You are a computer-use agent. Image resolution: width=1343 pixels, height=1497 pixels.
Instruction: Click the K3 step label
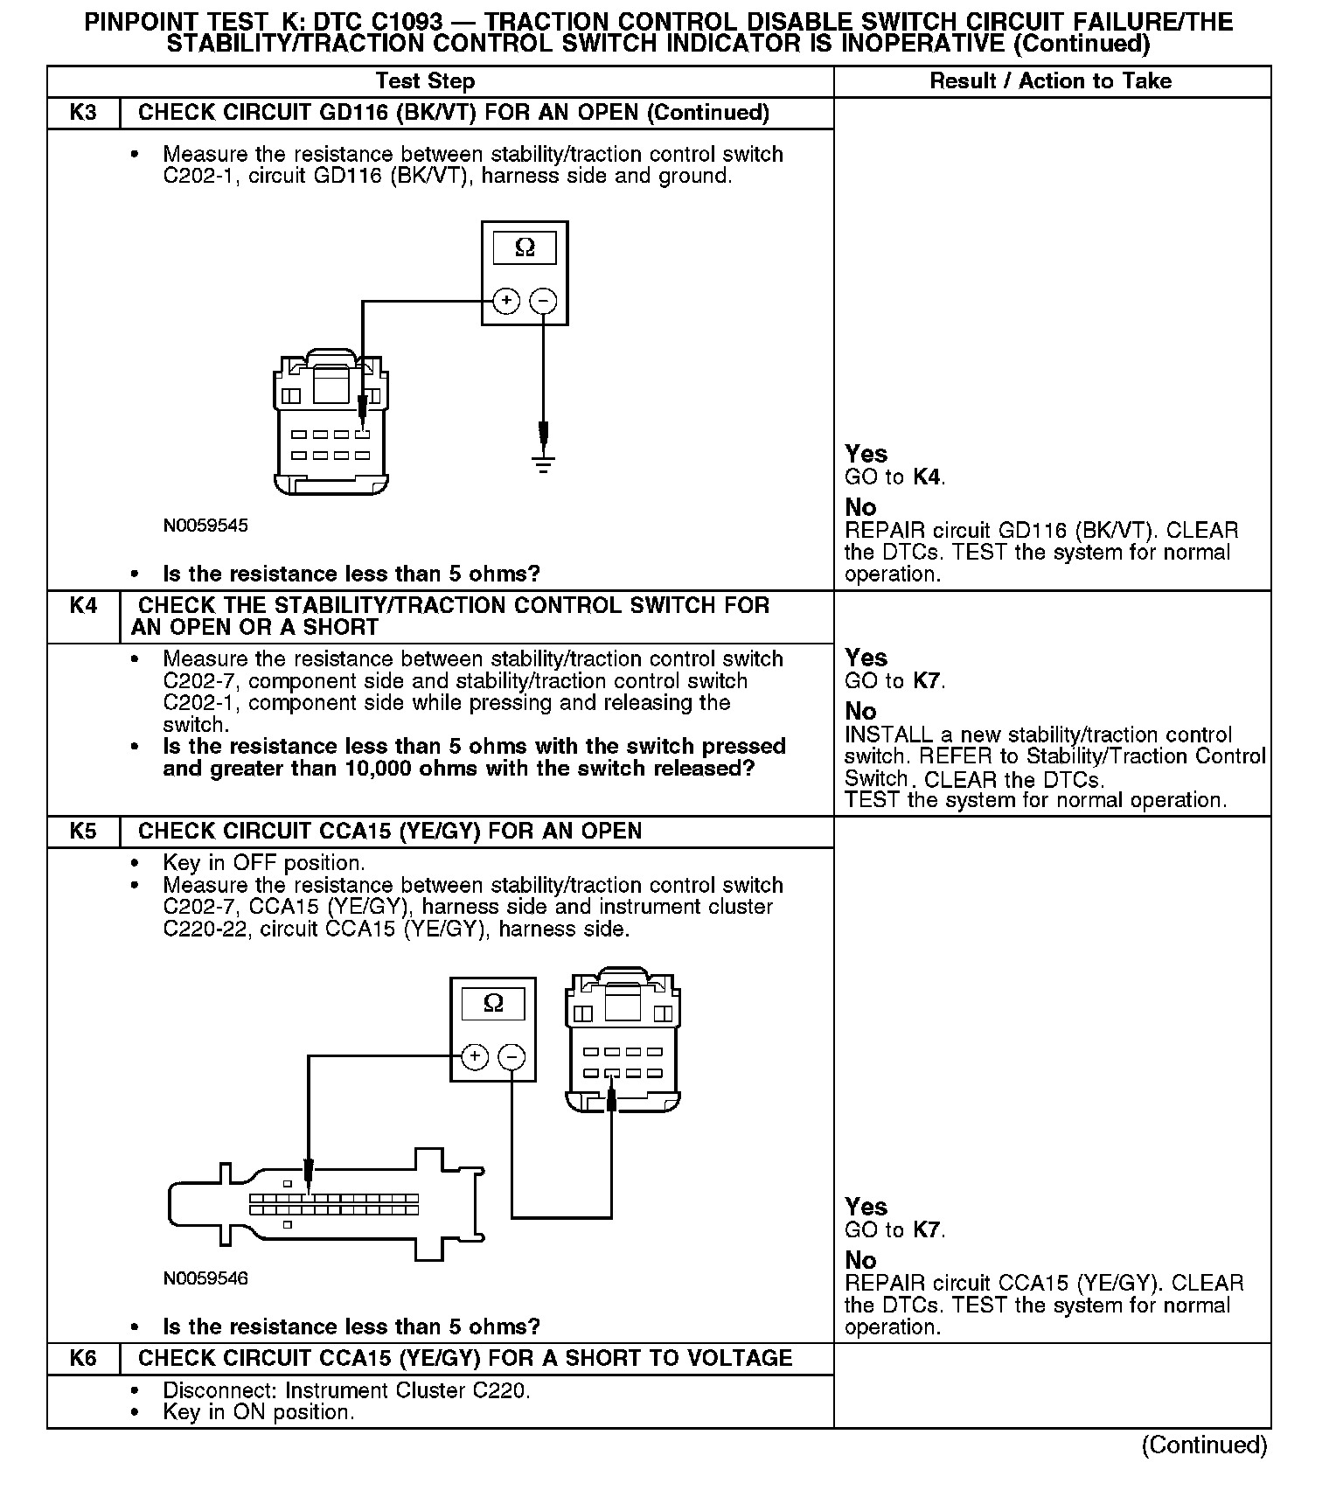(x=83, y=113)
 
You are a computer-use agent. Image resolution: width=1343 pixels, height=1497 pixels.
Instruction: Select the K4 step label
(x=83, y=605)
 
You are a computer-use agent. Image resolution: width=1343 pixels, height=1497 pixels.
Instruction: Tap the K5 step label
(x=83, y=831)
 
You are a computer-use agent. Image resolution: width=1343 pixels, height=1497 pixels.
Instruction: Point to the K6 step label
(x=83, y=1358)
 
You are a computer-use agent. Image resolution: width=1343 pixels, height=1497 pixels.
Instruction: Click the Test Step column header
(x=425, y=81)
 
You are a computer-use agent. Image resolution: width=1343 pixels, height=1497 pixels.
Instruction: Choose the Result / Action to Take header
(x=1050, y=81)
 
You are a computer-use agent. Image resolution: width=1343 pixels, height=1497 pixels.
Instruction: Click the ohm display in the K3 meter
(x=525, y=247)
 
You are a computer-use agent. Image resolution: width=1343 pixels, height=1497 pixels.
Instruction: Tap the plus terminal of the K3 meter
(x=506, y=301)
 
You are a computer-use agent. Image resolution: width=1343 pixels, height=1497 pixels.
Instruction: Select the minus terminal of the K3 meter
(x=543, y=301)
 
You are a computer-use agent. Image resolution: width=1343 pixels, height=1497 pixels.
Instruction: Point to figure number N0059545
(x=205, y=526)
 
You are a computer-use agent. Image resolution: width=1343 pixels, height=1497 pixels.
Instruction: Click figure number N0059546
(x=205, y=1278)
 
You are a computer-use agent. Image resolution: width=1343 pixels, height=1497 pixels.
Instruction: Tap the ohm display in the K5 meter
(x=493, y=1003)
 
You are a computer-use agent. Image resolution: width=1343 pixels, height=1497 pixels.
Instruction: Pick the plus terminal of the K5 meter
(x=475, y=1056)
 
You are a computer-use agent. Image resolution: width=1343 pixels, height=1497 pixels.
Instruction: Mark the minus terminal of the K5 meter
(x=511, y=1056)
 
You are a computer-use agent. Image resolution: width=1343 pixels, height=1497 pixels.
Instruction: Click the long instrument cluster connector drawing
(x=325, y=1205)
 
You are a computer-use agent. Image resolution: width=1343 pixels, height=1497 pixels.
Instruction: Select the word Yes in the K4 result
(x=866, y=658)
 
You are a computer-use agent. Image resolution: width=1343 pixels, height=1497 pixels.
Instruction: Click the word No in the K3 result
(x=860, y=507)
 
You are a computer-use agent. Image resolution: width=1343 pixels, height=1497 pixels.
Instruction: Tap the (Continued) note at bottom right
(x=1204, y=1445)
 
